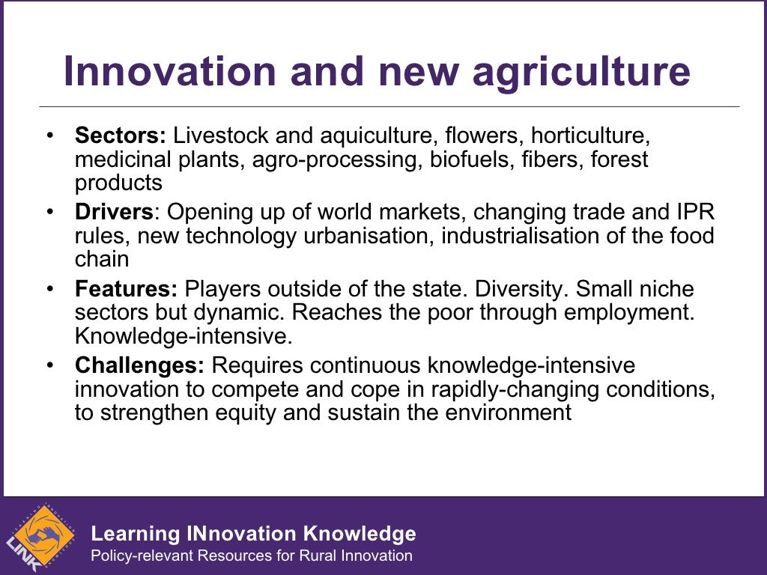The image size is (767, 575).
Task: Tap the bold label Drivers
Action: click(114, 213)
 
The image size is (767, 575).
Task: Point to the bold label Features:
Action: click(126, 289)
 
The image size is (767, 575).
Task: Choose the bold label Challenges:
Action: click(139, 365)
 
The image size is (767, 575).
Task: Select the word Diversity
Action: click(528, 289)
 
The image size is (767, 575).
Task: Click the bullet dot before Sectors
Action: click(49, 137)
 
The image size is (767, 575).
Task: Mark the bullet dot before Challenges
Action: click(49, 365)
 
